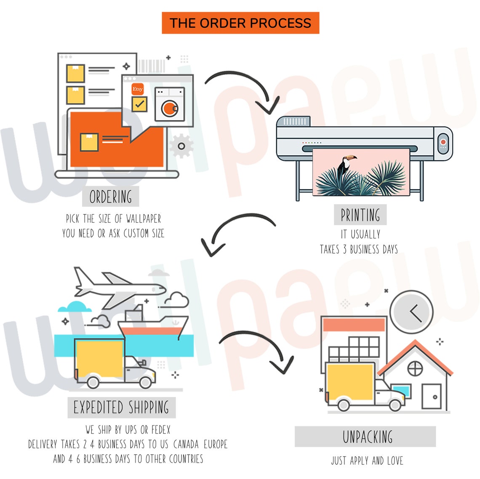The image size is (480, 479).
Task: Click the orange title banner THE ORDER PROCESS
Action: [240, 23]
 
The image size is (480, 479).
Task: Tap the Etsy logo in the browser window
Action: [138, 89]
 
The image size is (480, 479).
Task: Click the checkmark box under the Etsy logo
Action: [139, 104]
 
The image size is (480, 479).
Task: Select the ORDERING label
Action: [110, 197]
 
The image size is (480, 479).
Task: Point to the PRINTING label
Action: [360, 215]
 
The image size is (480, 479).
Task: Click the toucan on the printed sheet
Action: [346, 165]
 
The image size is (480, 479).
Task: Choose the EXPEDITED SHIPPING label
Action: [121, 408]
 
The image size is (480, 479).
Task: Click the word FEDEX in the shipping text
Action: [161, 430]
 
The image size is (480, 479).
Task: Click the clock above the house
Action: [411, 312]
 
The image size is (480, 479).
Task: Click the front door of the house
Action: [431, 396]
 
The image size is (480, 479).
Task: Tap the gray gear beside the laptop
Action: [181, 146]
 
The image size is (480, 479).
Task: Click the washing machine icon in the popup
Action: [169, 104]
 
